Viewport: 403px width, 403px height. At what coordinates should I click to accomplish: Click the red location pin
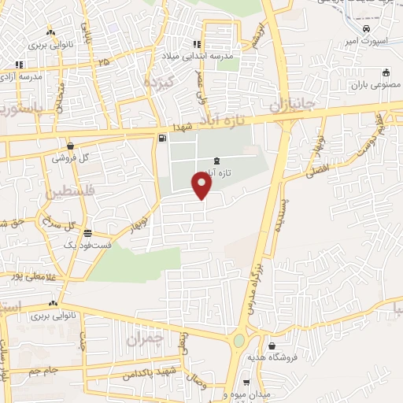[202, 185]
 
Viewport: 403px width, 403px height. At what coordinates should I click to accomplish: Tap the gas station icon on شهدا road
[162, 139]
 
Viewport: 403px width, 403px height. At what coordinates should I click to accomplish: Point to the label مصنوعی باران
[372, 83]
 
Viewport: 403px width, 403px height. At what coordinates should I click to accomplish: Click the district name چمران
[143, 339]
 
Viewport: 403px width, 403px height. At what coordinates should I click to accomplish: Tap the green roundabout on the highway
[238, 341]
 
